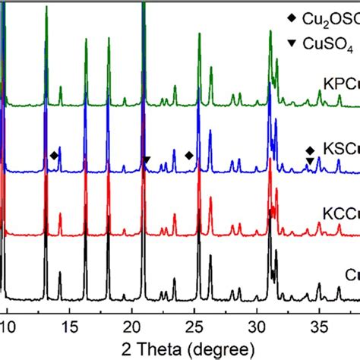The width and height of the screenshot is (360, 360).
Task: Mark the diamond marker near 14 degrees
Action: click(53, 156)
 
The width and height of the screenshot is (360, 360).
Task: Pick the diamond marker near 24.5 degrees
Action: click(189, 156)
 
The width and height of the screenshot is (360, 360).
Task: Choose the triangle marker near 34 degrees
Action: click(309, 160)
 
